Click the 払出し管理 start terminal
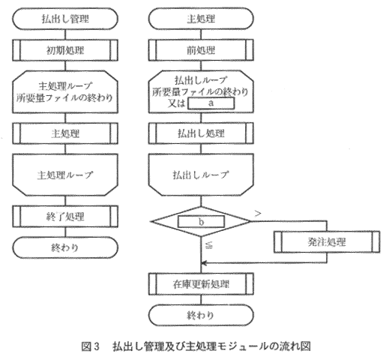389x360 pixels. point(65,19)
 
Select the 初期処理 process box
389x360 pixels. point(65,50)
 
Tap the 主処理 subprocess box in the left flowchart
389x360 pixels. point(65,133)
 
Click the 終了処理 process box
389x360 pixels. point(65,217)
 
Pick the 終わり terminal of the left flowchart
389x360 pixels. point(65,247)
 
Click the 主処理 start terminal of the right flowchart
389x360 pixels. point(201,19)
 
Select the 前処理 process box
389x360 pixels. point(201,50)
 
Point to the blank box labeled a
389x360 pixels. point(211,103)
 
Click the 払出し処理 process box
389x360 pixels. point(201,133)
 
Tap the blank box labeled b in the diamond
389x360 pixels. point(201,221)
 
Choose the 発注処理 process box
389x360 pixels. point(327,241)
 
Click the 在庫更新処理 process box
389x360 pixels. point(201,284)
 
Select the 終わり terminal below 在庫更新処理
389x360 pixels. point(201,315)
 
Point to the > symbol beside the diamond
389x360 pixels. point(258,213)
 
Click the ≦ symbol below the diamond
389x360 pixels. point(209,245)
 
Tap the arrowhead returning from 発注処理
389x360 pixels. point(204,263)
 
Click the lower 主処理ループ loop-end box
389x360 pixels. point(65,175)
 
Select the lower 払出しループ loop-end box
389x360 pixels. point(201,175)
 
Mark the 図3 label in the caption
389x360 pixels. point(91,346)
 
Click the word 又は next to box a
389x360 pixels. point(176,103)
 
